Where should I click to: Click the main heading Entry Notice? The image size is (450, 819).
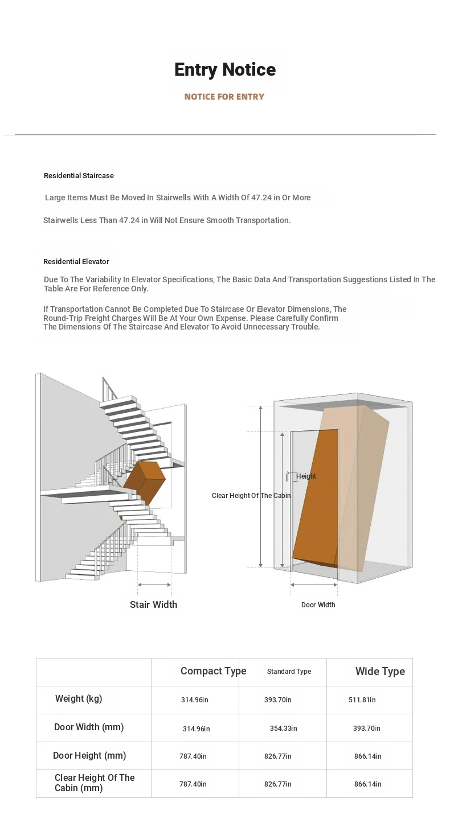coord(225,69)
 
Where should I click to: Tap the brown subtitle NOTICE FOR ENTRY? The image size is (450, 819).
coord(224,97)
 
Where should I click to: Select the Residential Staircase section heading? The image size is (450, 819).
coord(79,176)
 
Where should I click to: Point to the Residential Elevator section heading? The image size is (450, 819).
coord(76,262)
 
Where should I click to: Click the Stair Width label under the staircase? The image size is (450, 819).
coord(153,604)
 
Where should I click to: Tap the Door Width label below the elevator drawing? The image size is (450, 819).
coord(318,605)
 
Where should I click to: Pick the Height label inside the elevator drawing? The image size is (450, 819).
coord(306,476)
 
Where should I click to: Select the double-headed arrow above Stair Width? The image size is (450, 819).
coord(154,585)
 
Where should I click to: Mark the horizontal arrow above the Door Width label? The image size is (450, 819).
coord(314,585)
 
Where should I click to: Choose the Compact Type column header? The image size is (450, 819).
coord(213,671)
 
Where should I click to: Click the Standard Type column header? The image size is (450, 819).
coord(289,672)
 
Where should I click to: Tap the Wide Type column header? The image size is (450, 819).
coord(380,672)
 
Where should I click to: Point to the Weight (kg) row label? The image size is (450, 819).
coord(79,699)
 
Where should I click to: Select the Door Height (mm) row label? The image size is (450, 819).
coord(89,756)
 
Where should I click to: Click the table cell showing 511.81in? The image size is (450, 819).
coord(362,700)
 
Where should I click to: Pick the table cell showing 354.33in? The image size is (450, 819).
coord(283,729)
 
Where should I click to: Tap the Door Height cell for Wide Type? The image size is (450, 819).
coord(368,756)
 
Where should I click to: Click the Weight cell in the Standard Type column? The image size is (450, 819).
coord(277,700)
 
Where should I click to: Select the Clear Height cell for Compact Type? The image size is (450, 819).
coord(193,784)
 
